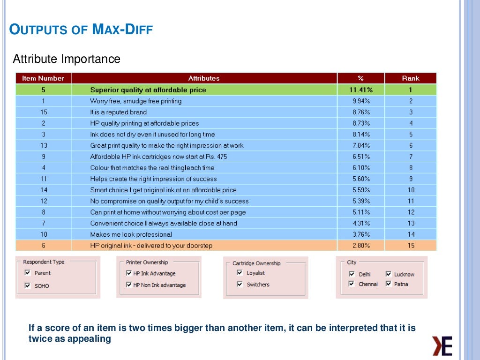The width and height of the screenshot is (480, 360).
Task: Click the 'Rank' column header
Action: pyautogui.click(x=410, y=78)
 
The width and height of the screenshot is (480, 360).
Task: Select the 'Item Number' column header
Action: pyautogui.click(x=43, y=78)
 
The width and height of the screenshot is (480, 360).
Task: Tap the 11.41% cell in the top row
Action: pyautogui.click(x=360, y=90)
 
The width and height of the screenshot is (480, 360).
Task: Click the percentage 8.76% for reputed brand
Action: pyautogui.click(x=360, y=112)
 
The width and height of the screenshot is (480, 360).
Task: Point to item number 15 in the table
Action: pyautogui.click(x=44, y=112)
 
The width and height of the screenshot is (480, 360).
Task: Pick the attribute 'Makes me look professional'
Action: pyautogui.click(x=131, y=234)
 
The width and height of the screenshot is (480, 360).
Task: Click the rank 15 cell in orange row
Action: pyautogui.click(x=411, y=246)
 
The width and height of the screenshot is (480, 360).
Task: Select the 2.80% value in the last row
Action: pyautogui.click(x=360, y=246)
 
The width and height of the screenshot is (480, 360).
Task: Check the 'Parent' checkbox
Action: pyautogui.click(x=28, y=273)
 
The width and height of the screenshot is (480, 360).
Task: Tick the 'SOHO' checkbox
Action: pyautogui.click(x=28, y=285)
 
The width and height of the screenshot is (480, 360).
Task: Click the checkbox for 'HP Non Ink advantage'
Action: pyautogui.click(x=129, y=285)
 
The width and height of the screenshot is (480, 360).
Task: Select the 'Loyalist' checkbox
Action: pyautogui.click(x=240, y=273)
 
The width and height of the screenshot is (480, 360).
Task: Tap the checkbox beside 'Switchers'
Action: pyautogui.click(x=240, y=284)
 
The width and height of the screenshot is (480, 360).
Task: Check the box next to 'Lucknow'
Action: pyautogui.click(x=389, y=274)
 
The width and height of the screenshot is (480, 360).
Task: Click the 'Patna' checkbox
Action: pyautogui.click(x=389, y=284)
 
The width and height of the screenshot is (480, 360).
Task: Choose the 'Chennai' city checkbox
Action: pyautogui.click(x=352, y=284)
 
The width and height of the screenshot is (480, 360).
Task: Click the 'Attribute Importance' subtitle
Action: pyautogui.click(x=67, y=60)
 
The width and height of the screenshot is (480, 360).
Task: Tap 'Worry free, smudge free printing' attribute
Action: pyautogui.click(x=135, y=101)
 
